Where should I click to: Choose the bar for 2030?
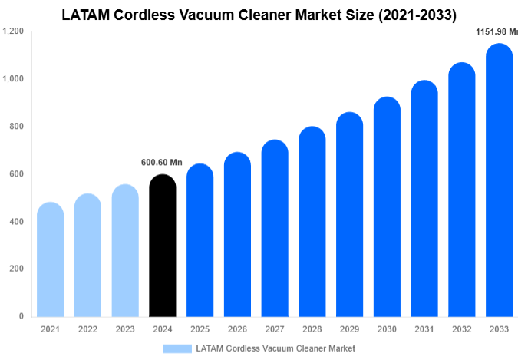coord(388,207)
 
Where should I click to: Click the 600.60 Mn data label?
coord(162,163)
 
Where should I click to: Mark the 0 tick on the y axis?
coord(21,316)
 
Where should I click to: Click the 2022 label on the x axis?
coord(87,329)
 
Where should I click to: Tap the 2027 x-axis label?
coord(275,329)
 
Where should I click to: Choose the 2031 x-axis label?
coord(424,329)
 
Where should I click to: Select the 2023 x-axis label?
coord(125,329)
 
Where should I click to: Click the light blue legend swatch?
coord(177,348)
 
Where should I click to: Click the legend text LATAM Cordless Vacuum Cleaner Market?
coord(275,348)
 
